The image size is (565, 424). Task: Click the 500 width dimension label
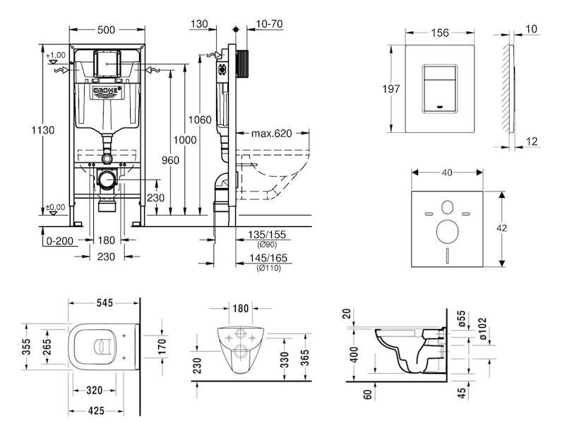pyautogui.click(x=107, y=30)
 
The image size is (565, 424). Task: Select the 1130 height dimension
pyautogui.click(x=43, y=130)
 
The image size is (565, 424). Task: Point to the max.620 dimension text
pyautogui.click(x=271, y=134)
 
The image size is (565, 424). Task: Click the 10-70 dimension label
pyautogui.click(x=269, y=24)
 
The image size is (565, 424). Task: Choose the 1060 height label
pyautogui.click(x=200, y=119)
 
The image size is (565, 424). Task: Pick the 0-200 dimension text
pyautogui.click(x=60, y=241)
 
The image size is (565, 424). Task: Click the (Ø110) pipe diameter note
pyautogui.click(x=269, y=268)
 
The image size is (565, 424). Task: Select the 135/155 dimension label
pyautogui.click(x=267, y=235)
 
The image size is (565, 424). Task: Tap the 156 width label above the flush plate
pyautogui.click(x=440, y=33)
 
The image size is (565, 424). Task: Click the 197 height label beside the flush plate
pyautogui.click(x=391, y=89)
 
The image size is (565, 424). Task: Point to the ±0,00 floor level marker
pyautogui.click(x=56, y=207)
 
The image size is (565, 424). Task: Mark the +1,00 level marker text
pyautogui.click(x=56, y=55)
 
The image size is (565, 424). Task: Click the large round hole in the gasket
pyautogui.click(x=447, y=231)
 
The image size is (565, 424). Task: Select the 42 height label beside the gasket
pyautogui.click(x=501, y=228)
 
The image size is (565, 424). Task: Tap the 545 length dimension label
pyautogui.click(x=105, y=303)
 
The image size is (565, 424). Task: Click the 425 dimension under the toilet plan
pyautogui.click(x=96, y=411)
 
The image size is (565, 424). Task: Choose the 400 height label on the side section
pyautogui.click(x=355, y=355)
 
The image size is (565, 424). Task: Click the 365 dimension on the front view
pyautogui.click(x=305, y=358)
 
